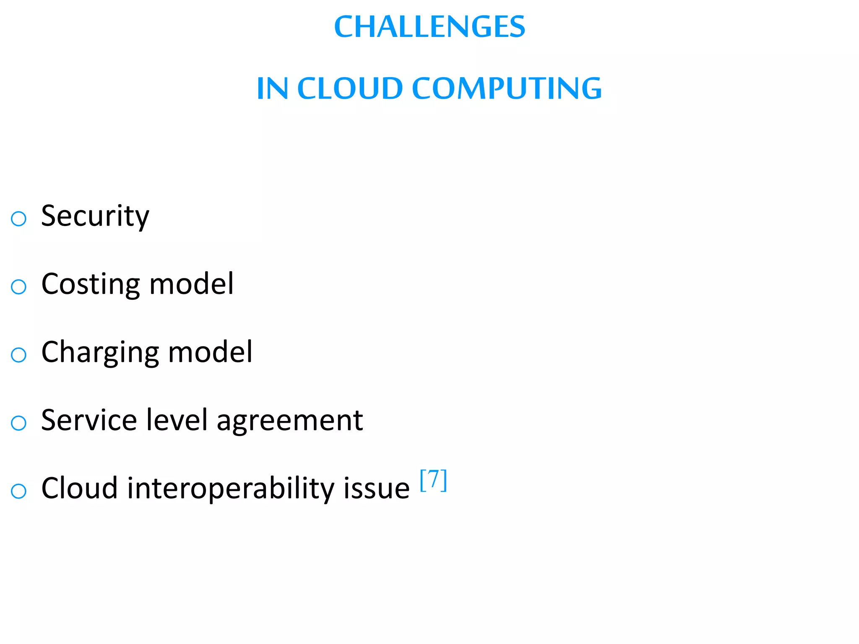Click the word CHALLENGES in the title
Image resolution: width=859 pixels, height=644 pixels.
(429, 27)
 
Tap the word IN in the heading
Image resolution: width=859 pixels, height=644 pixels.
(272, 88)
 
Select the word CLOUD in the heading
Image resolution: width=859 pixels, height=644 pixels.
(350, 88)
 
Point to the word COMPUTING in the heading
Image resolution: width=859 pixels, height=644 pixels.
(507, 88)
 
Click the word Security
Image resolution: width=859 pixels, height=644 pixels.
(95, 216)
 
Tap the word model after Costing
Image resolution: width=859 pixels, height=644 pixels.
(191, 284)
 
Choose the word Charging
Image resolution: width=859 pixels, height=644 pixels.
(100, 353)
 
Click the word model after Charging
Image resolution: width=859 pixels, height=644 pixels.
(210, 352)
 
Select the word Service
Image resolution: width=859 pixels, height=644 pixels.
(89, 420)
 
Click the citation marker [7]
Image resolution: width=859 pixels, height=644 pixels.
(433, 480)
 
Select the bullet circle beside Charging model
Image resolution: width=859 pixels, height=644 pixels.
(18, 355)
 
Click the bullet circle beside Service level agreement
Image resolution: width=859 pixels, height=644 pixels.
(18, 423)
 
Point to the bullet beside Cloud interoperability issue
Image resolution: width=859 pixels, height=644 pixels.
(18, 491)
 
